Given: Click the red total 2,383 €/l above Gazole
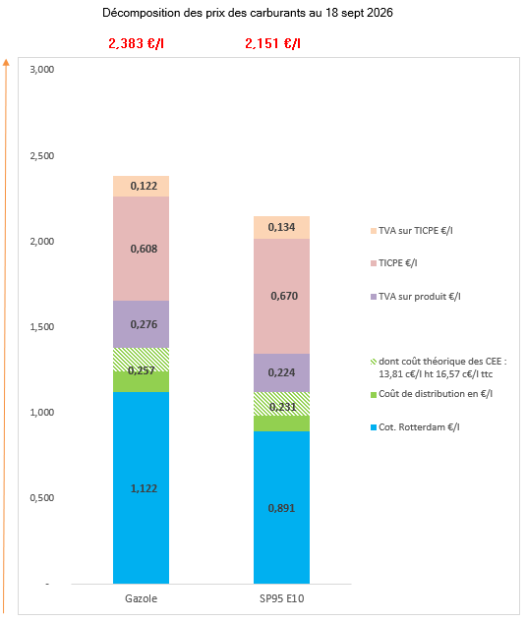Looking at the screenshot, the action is click(136, 43).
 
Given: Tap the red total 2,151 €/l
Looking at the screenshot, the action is click(272, 43).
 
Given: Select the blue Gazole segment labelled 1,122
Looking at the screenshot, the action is click(142, 487).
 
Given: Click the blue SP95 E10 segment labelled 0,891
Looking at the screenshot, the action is click(281, 507).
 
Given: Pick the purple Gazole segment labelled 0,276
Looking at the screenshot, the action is click(142, 324).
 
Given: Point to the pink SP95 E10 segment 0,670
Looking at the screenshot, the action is click(281, 296).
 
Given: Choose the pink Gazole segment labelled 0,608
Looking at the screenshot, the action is click(142, 249).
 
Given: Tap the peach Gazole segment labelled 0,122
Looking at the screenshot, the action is click(142, 186).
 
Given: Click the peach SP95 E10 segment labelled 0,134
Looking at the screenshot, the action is click(281, 227).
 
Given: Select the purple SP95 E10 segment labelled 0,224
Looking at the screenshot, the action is click(281, 372).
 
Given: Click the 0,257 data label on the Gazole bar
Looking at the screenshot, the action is click(142, 370).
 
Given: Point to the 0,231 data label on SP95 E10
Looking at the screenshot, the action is click(282, 407).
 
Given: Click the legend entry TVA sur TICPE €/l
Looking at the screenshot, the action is click(412, 231).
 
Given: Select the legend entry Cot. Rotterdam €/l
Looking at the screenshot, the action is click(415, 426).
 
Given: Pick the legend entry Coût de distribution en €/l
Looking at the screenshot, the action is click(432, 394).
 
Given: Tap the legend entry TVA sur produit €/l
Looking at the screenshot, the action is click(416, 296).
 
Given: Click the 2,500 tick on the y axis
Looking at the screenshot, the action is click(42, 155).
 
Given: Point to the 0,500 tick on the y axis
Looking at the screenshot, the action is click(42, 497).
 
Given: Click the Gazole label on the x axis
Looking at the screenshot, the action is click(142, 598).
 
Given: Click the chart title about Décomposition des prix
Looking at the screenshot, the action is click(248, 13).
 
